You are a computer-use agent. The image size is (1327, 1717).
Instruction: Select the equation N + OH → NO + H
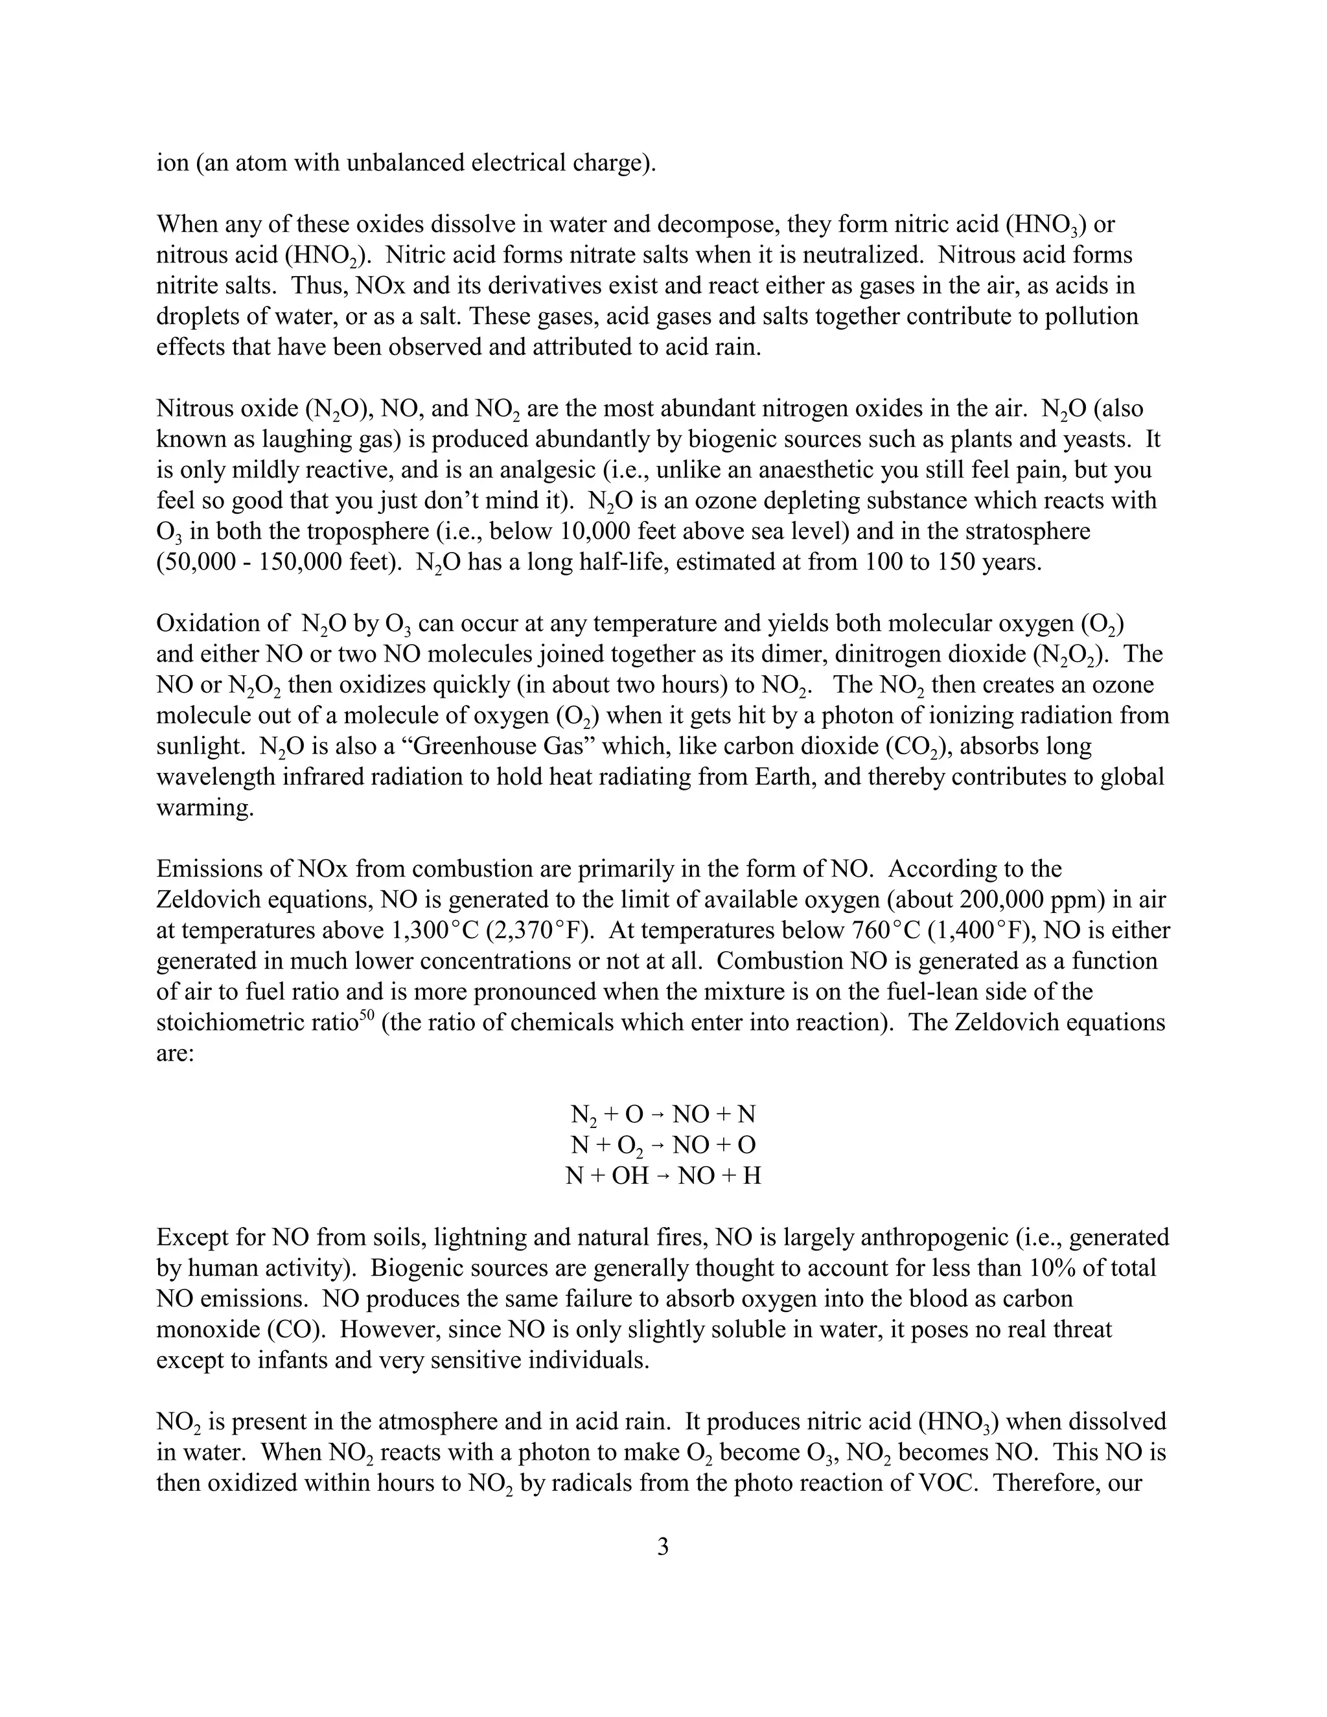[x=663, y=1175]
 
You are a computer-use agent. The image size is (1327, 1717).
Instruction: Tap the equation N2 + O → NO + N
[x=663, y=1114]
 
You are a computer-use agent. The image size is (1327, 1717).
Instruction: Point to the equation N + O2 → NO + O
[x=663, y=1145]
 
